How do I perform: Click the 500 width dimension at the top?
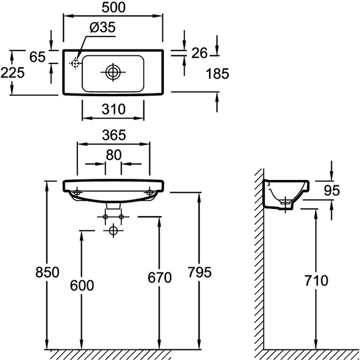coord(112,8)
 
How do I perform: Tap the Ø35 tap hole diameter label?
coord(103,27)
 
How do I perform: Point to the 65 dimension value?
coord(38,57)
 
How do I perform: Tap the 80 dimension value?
coord(113,155)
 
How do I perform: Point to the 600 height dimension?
coord(82,285)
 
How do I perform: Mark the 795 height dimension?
coord(199,272)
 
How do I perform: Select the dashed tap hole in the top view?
coord(74,63)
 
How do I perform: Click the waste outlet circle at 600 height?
coord(113,231)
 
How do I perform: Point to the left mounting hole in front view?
coord(76,193)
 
